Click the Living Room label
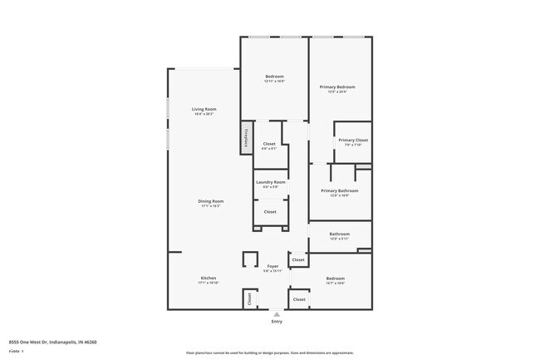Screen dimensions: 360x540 tap(204, 110)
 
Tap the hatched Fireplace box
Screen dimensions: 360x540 tap(246, 138)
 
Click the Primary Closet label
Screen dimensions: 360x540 tap(353, 140)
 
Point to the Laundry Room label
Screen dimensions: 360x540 tap(271, 182)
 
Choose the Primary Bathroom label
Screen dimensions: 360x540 tap(339, 191)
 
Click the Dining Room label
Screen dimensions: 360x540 tap(211, 201)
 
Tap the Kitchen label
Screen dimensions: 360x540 tap(208, 279)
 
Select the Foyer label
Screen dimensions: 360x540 tap(272, 266)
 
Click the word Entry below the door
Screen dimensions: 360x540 tap(276, 322)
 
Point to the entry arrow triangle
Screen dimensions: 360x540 tap(276, 314)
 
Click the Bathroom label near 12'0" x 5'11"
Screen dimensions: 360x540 tap(339, 234)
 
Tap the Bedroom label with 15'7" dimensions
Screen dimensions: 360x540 tap(336, 279)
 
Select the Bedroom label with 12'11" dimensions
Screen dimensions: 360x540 tap(274, 76)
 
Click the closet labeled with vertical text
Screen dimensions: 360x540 tap(248, 298)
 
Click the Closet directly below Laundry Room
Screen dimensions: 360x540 tap(270, 212)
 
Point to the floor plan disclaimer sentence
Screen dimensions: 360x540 tap(269, 353)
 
